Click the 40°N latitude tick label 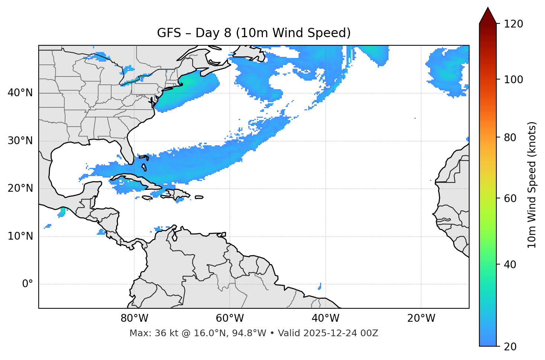(20, 93)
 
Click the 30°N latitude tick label (20, 141)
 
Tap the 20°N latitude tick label (20, 188)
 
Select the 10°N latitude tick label (20, 236)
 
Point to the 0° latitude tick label (28, 284)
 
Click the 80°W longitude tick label (134, 318)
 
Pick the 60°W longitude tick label (230, 318)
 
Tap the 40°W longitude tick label (325, 318)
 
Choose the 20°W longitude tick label (421, 318)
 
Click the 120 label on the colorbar (513, 24)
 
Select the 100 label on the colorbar (513, 80)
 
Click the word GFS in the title (168, 33)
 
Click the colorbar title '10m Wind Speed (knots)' (532, 185)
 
